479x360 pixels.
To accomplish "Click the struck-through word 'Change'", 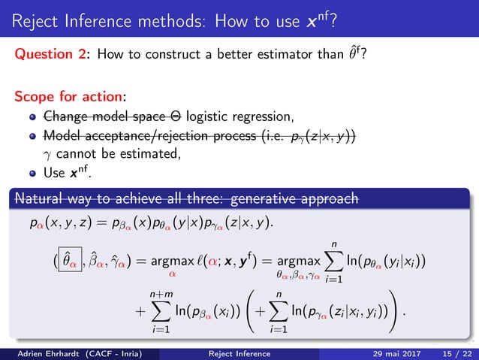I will (65, 117).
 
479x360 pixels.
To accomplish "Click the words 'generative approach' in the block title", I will (298, 198).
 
